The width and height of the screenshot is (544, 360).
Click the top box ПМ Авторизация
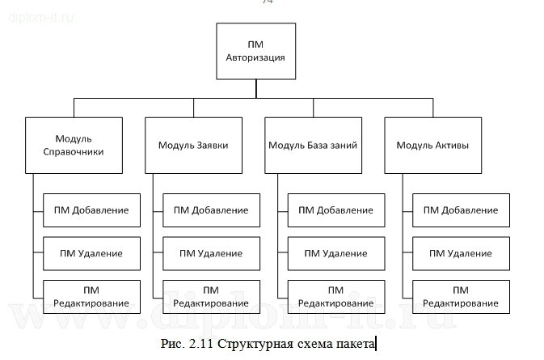255,50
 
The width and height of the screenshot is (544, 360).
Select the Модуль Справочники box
74,145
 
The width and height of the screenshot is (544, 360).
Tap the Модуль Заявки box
193,146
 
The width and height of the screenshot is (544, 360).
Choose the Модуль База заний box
313,146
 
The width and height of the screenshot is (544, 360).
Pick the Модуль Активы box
432,146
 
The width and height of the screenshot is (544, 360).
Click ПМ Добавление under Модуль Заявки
211,210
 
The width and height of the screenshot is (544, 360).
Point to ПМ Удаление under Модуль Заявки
211,253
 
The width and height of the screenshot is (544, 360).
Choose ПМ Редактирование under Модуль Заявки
211,296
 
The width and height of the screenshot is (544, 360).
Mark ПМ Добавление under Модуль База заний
335,210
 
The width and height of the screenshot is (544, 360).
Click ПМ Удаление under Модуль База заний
335,253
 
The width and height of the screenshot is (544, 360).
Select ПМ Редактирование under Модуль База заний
335,296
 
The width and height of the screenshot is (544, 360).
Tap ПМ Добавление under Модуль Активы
461,210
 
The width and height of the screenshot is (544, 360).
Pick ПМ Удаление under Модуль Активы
461,253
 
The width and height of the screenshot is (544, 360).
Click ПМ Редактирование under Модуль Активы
461,296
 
